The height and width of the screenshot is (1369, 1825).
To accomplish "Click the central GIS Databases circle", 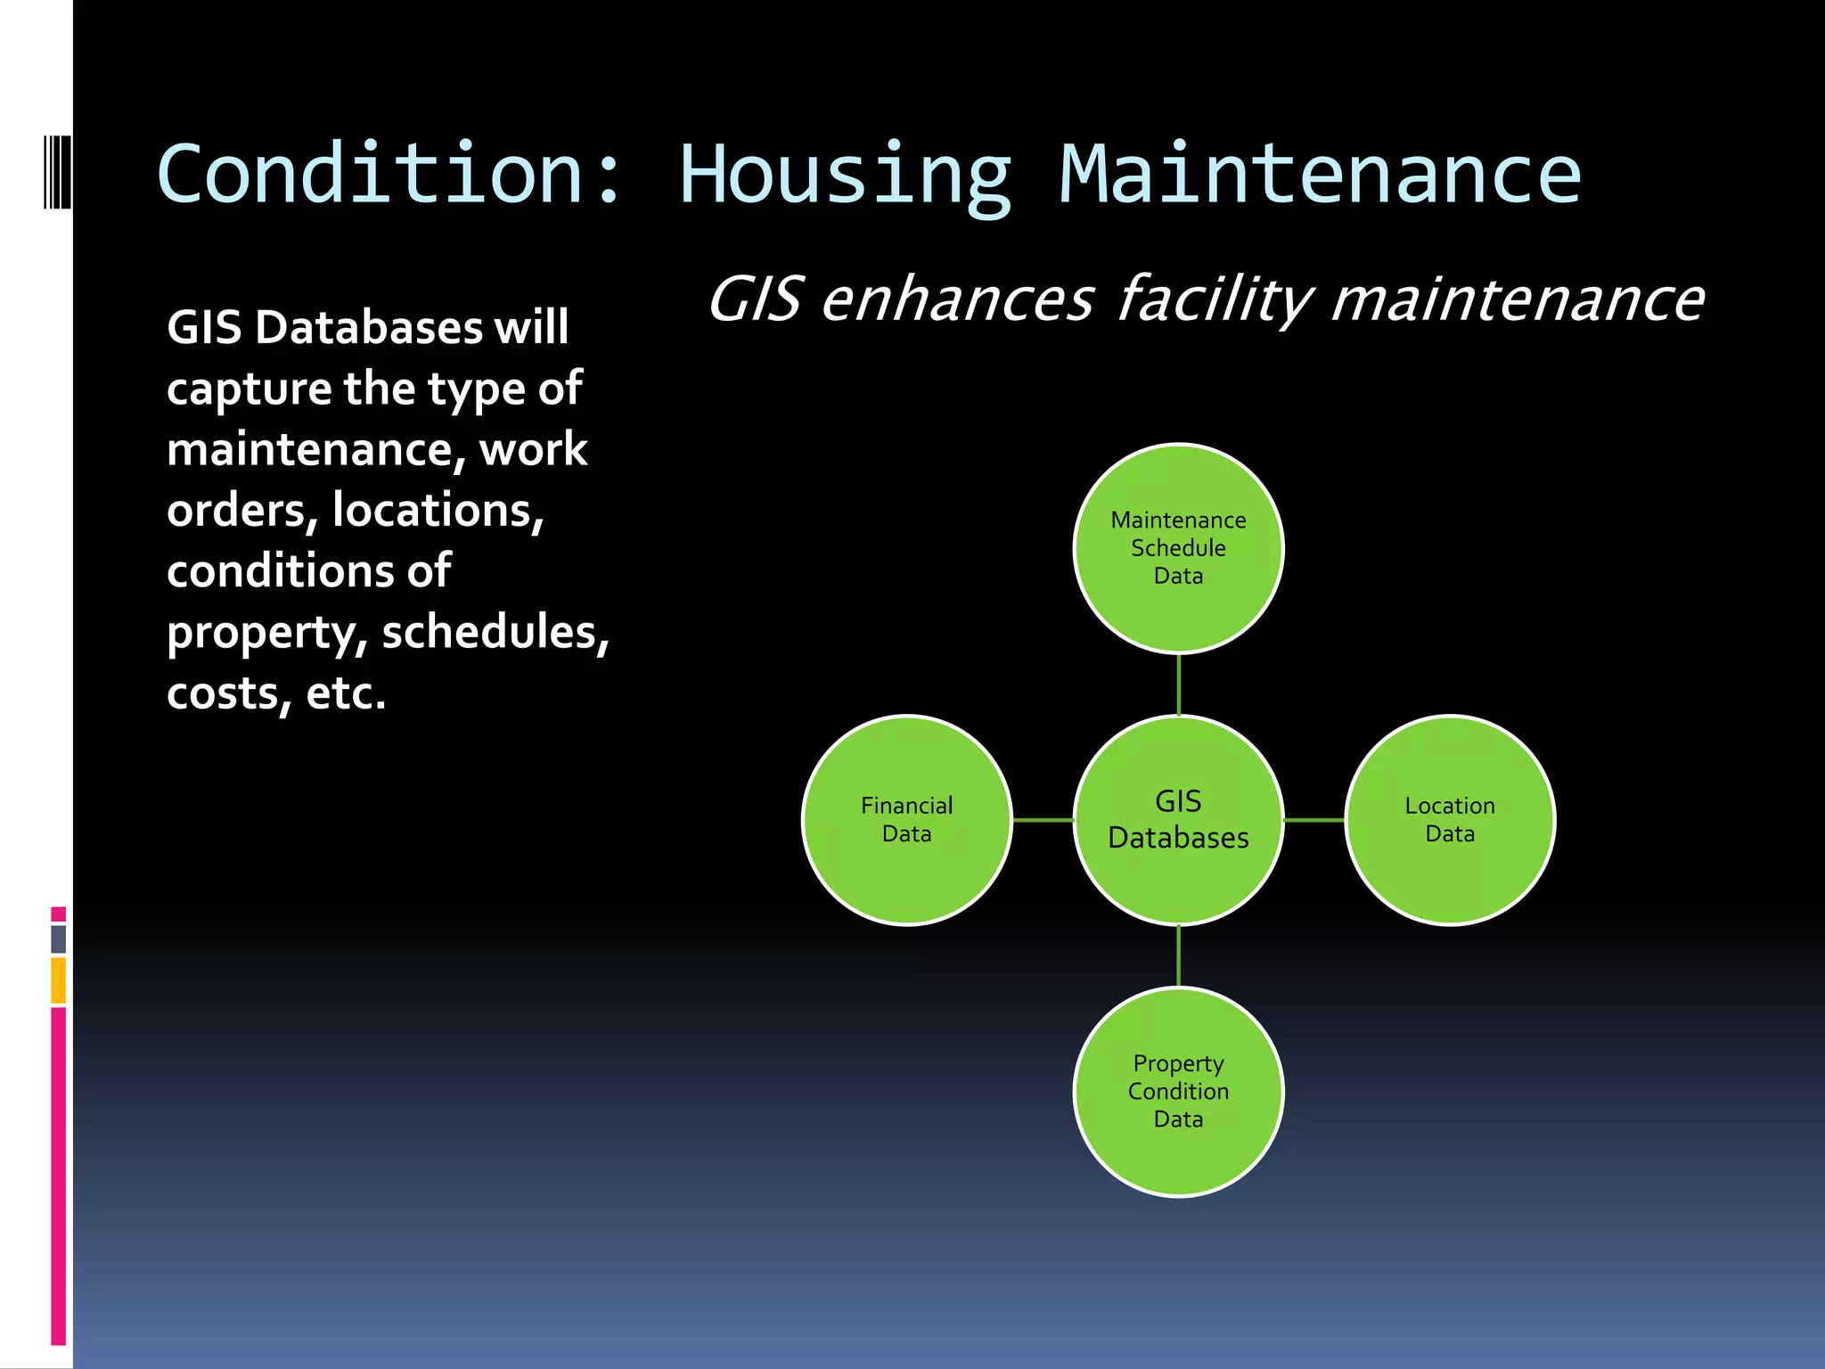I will (x=1178, y=820).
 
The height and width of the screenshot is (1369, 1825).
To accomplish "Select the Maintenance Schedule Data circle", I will (x=1178, y=548).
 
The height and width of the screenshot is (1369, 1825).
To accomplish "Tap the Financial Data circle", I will (x=906, y=820).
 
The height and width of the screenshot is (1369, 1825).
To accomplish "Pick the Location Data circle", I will (x=1450, y=820).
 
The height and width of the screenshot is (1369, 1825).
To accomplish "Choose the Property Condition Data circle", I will (x=1178, y=1092).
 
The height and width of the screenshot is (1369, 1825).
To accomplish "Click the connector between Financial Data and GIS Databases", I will (x=1043, y=820).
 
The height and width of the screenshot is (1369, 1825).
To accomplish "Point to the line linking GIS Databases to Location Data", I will (x=1314, y=820).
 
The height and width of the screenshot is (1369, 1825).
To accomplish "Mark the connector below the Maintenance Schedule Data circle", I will (x=1179, y=684).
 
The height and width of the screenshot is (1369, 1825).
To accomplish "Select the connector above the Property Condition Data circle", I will (x=1179, y=955).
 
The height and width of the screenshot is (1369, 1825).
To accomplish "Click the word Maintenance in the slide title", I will (x=1320, y=174).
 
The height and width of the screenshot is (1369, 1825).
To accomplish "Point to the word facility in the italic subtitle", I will (x=1214, y=300).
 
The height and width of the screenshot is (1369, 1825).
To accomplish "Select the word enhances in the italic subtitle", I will (x=957, y=300).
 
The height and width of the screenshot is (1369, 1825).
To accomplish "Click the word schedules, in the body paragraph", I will (x=495, y=633).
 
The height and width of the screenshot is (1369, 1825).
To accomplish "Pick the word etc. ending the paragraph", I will (x=346, y=693).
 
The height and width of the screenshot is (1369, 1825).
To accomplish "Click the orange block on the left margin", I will (x=59, y=980).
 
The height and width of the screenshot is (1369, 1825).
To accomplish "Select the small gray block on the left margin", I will (x=59, y=939).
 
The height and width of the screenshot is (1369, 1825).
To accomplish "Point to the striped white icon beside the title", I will (x=57, y=172).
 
